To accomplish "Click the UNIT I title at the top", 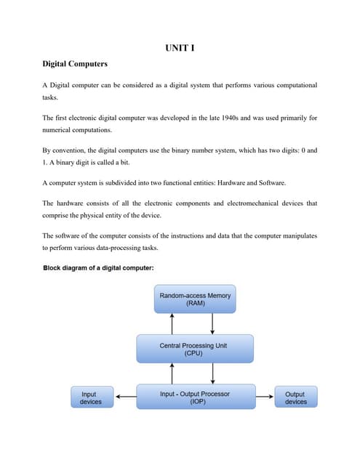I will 180,49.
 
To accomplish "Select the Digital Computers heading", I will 75,64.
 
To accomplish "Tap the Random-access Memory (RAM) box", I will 195,299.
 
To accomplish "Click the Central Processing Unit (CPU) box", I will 195,349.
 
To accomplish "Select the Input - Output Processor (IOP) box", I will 195,397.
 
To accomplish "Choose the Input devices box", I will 91,397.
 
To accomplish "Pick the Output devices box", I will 295,397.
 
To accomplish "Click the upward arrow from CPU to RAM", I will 172,323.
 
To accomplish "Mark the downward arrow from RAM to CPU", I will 212,323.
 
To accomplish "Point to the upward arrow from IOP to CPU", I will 172,373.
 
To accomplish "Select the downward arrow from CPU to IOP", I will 212,373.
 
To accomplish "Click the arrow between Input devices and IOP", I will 125,397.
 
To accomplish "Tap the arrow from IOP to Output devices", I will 265,397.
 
